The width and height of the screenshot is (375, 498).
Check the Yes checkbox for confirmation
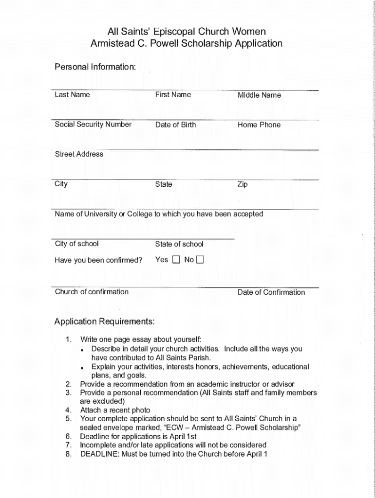pyautogui.click(x=176, y=260)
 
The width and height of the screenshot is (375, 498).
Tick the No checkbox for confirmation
pyautogui.click(x=200, y=260)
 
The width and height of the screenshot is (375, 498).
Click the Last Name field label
pyautogui.click(x=72, y=95)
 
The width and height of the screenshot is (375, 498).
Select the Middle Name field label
pyautogui.click(x=259, y=95)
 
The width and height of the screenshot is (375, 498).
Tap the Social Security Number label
pyautogui.click(x=93, y=124)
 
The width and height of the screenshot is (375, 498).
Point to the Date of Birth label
pyautogui.click(x=175, y=125)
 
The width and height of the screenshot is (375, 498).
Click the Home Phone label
pyautogui.click(x=259, y=125)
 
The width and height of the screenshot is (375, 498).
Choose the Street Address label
pyautogui.click(x=79, y=154)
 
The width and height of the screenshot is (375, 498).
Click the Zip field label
pyautogui.click(x=243, y=185)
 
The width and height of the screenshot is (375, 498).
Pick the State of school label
pyautogui.click(x=179, y=244)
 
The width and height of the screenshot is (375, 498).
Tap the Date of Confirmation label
pyautogui.click(x=271, y=292)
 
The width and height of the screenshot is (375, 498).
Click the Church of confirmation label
pyautogui.click(x=92, y=292)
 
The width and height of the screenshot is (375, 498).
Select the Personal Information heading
pyautogui.click(x=94, y=66)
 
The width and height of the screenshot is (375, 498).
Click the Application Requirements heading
pyautogui.click(x=105, y=321)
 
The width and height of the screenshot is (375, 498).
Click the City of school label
pyautogui.click(x=76, y=244)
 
